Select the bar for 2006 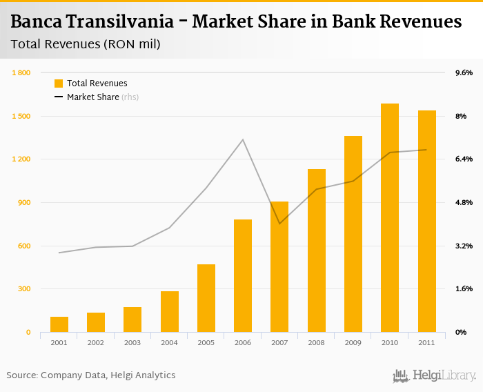(243, 276)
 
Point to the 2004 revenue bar (170, 312)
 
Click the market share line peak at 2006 (243, 140)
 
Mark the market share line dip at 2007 (279, 224)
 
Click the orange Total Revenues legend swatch (59, 84)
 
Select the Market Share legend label (92, 97)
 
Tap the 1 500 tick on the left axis (21, 116)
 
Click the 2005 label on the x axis (206, 342)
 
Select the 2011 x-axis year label (426, 342)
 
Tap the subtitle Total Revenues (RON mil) (86, 45)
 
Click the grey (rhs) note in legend (130, 97)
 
